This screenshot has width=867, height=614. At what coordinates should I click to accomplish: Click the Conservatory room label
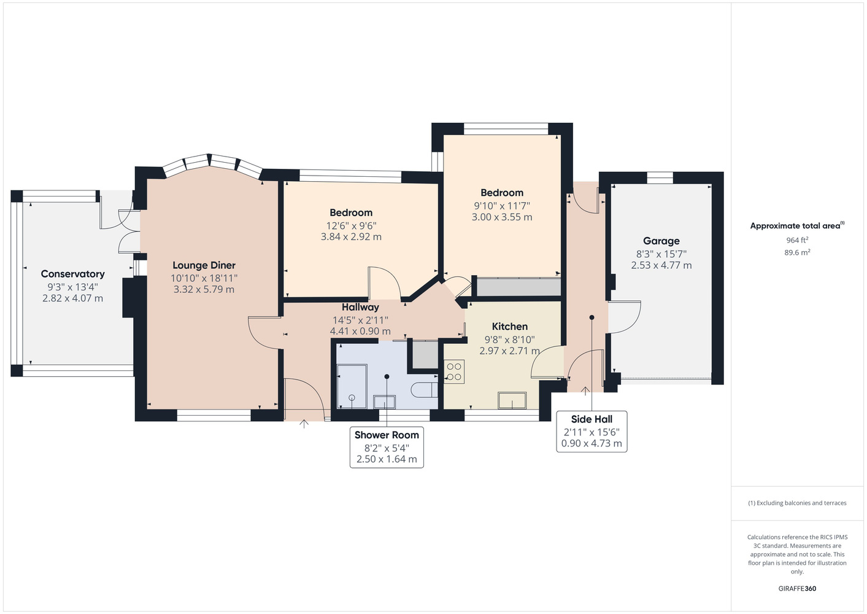tap(73, 274)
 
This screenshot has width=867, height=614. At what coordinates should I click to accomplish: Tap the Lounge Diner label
tap(204, 265)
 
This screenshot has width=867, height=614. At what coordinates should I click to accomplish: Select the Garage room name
tap(661, 241)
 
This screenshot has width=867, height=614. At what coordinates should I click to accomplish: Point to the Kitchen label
tap(510, 327)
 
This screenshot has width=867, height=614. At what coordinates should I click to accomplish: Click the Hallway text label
tap(360, 307)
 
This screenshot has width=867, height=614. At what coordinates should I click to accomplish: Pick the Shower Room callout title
tap(387, 435)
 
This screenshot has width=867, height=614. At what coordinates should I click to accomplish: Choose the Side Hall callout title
tap(591, 419)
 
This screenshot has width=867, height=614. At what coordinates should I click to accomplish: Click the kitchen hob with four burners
tap(454, 372)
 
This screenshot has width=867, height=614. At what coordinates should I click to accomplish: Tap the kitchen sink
tap(512, 400)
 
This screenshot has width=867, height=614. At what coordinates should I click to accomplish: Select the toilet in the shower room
tap(424, 390)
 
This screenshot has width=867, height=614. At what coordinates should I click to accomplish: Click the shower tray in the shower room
tap(352, 386)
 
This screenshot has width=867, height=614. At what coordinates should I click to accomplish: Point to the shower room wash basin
tap(384, 402)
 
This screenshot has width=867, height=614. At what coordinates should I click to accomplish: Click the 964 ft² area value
tap(797, 240)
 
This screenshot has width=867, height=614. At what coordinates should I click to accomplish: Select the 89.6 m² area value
tap(797, 252)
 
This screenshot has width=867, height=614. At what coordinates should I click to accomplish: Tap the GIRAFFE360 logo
tap(797, 588)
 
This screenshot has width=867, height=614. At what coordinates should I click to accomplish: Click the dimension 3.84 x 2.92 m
tap(351, 236)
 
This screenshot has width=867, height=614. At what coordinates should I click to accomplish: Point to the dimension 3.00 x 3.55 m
tap(502, 217)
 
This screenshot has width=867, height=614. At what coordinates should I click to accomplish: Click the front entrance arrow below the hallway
tap(304, 424)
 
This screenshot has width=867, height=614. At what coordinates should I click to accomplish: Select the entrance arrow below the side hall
tap(585, 391)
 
